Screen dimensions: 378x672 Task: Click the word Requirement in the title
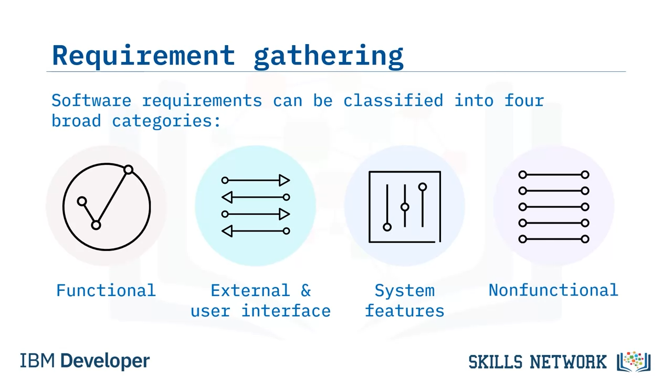pyautogui.click(x=143, y=55)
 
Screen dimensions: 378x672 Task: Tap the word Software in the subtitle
pyautogui.click(x=91, y=100)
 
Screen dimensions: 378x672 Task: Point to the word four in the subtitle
pyautogui.click(x=524, y=100)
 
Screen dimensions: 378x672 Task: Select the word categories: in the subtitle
pyautogui.click(x=166, y=121)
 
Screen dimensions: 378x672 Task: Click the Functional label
pyautogui.click(x=106, y=290)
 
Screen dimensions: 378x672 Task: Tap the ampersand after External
pyautogui.click(x=306, y=290)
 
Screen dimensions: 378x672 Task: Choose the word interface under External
pyautogui.click(x=286, y=311)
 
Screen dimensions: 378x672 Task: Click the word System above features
pyautogui.click(x=404, y=290)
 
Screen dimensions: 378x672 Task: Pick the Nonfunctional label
pyautogui.click(x=553, y=290)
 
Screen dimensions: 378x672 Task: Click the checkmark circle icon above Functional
pyautogui.click(x=107, y=207)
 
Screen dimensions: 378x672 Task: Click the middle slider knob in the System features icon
pyautogui.click(x=405, y=207)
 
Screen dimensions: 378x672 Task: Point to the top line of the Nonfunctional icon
pyautogui.click(x=553, y=175)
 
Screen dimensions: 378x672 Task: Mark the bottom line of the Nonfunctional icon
pyautogui.click(x=553, y=239)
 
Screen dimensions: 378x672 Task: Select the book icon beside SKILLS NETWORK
pyautogui.click(x=634, y=362)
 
